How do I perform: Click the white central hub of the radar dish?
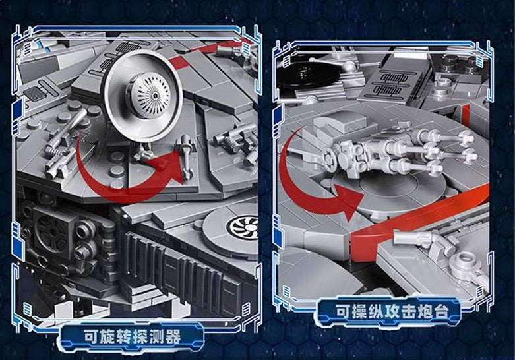pos(151,95)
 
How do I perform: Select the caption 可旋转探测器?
pos(133,337)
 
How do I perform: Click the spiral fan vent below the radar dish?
pos(243,227)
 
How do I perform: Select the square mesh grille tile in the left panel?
pos(36,94)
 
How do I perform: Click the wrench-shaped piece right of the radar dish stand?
pos(186,157)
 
